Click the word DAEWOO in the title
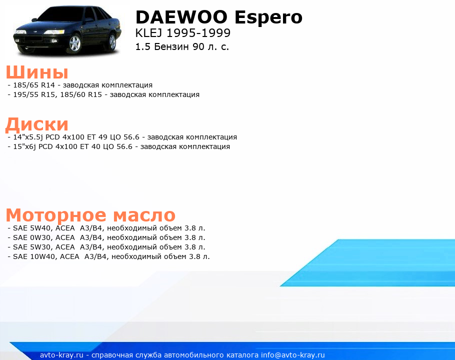181,17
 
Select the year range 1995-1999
198,33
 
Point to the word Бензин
171,46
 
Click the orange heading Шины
37,72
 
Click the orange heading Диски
37,124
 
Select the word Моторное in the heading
56,215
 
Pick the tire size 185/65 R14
34,85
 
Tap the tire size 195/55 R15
33,94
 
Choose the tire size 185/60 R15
81,94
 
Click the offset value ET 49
97,137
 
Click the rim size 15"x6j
24,147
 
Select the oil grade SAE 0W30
32,237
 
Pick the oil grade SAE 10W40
34,256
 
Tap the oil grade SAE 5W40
32,228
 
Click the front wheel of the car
75,43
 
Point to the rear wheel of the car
112,42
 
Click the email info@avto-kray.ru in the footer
292,355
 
